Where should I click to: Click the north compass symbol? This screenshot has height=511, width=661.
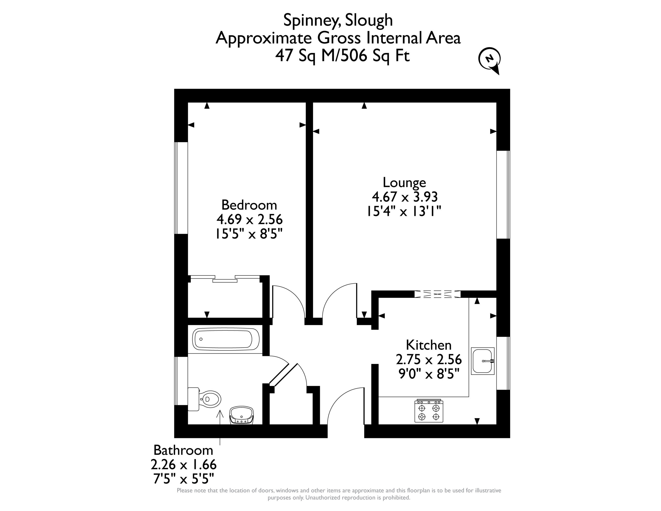pos(489,60)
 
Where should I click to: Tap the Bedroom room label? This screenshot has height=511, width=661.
pos(249,205)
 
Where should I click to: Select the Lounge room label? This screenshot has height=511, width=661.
pos(404,183)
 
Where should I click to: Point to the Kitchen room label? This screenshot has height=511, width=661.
pos(429,345)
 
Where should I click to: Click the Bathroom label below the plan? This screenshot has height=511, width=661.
pos(183,451)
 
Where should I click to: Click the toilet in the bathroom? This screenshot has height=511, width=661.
pos(204,399)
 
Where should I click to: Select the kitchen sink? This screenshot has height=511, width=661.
pos(483,361)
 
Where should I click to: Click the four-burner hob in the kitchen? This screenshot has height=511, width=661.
pos(429,411)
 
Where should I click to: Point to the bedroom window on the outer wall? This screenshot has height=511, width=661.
pos(181,188)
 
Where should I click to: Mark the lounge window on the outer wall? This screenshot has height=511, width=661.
pos(503,195)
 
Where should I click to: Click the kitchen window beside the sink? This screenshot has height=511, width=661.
pos(503,363)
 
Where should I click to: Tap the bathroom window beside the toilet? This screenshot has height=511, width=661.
pos(181,381)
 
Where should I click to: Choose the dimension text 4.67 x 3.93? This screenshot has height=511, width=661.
pos(405,197)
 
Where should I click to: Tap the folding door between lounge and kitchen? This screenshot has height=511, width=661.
pos(437,294)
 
